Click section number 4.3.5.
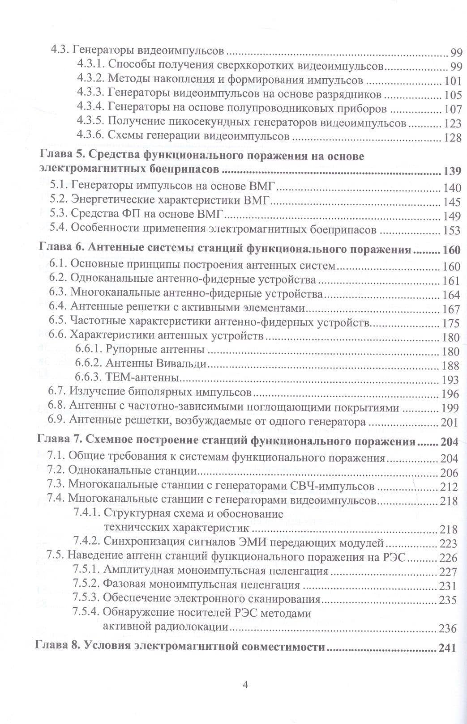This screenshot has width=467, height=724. pyautogui.click(x=90, y=123)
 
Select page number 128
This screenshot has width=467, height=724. pyautogui.click(x=452, y=137)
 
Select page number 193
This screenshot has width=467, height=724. pyautogui.click(x=450, y=380)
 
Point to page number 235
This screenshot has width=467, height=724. pyautogui.click(x=448, y=600)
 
